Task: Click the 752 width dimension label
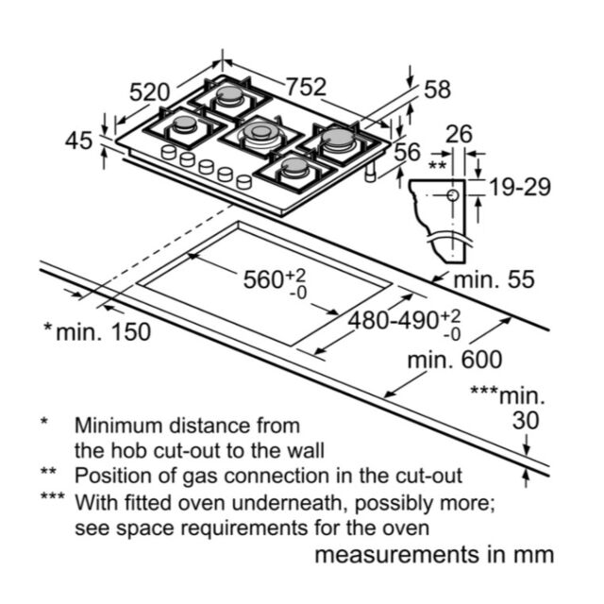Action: pyautogui.click(x=307, y=87)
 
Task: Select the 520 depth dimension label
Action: pyautogui.click(x=149, y=92)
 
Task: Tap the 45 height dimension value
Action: pyautogui.click(x=79, y=141)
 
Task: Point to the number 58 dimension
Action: pyautogui.click(x=437, y=90)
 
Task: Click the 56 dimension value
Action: pyautogui.click(x=407, y=151)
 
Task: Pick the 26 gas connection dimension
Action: pyautogui.click(x=459, y=134)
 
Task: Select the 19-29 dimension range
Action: pyautogui.click(x=520, y=187)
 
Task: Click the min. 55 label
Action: pyautogui.click(x=495, y=279)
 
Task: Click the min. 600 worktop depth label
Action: pyautogui.click(x=455, y=360)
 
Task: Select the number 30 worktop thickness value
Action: pyautogui.click(x=526, y=420)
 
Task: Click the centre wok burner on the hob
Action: pyautogui.click(x=261, y=132)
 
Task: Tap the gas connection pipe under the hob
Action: pyautogui.click(x=371, y=172)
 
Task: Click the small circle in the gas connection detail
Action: pyautogui.click(x=453, y=195)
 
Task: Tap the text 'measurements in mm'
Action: pyautogui.click(x=434, y=555)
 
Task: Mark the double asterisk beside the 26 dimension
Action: pyautogui.click(x=437, y=166)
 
